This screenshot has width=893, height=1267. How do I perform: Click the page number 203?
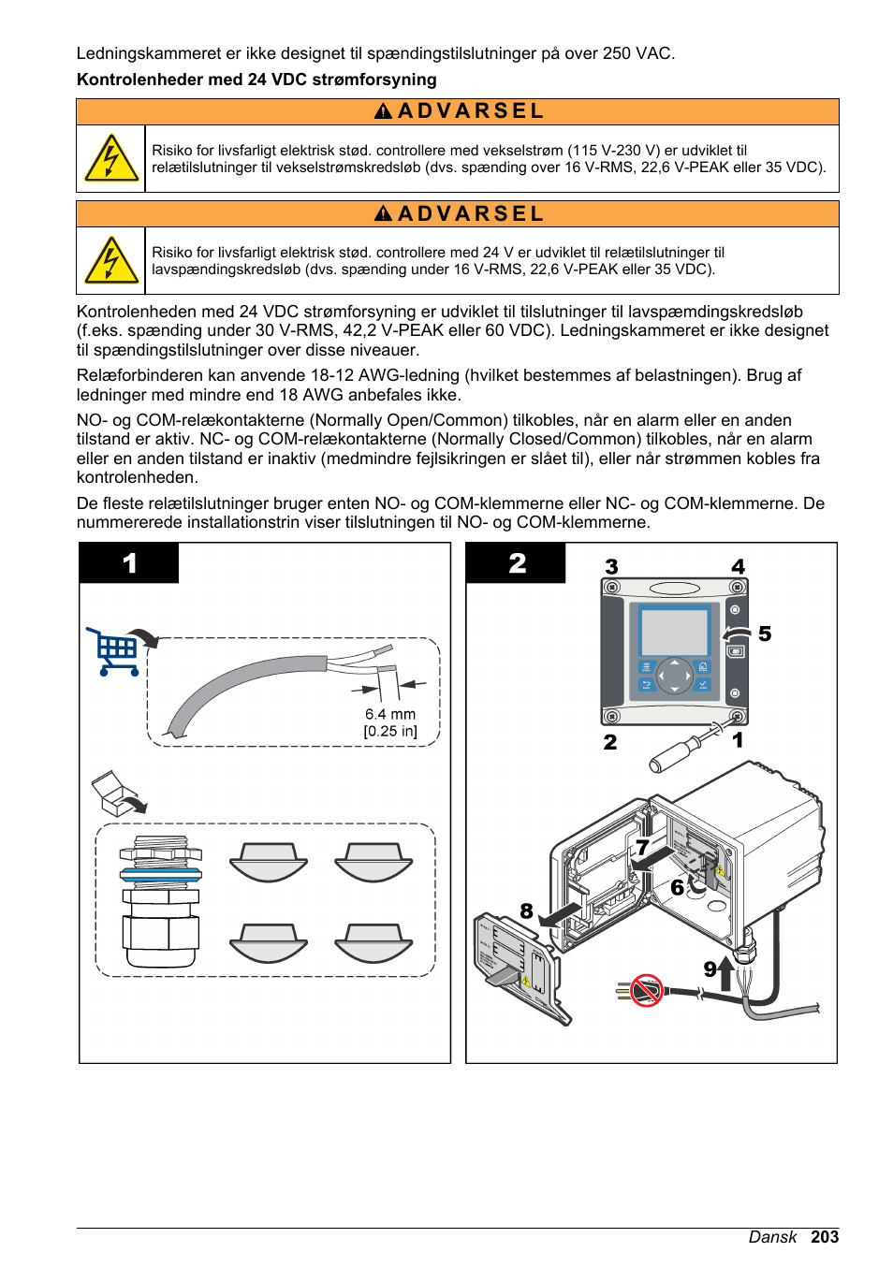click(824, 1237)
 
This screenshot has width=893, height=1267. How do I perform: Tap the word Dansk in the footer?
click(772, 1237)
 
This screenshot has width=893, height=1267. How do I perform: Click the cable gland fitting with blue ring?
click(160, 901)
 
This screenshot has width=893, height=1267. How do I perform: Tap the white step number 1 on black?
click(129, 563)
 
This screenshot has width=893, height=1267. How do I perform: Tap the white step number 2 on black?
click(517, 563)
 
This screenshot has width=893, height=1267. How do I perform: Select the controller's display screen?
click(674, 633)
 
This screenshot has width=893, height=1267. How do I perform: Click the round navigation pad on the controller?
click(674, 675)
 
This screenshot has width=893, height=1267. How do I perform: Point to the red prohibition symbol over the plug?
click(646, 989)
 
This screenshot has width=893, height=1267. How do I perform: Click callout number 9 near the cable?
click(710, 969)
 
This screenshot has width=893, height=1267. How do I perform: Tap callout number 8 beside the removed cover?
click(526, 911)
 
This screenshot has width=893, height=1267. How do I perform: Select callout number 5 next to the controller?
click(765, 634)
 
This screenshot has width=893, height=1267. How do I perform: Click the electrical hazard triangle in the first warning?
click(111, 159)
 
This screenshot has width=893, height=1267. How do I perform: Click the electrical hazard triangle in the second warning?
click(111, 261)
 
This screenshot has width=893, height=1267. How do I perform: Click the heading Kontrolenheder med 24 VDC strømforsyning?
click(256, 80)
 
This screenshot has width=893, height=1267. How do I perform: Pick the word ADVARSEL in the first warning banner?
click(470, 111)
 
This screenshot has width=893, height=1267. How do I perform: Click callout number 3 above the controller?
click(611, 567)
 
